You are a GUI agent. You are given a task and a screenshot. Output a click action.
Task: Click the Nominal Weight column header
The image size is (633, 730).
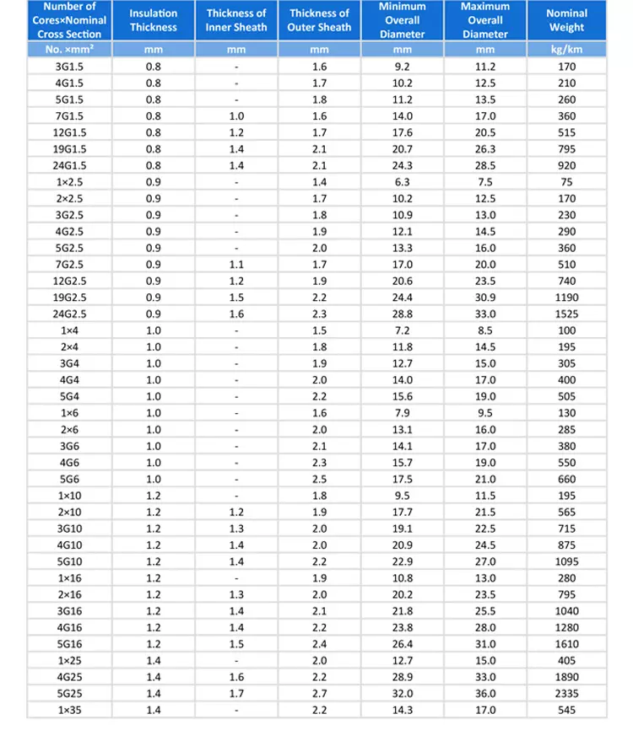click(566, 20)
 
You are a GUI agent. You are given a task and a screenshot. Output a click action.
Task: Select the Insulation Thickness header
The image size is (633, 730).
click(154, 20)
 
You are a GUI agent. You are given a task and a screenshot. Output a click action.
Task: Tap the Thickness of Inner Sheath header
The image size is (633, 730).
click(236, 20)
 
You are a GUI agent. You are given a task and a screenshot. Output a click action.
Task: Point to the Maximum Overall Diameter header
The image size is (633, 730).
click(485, 20)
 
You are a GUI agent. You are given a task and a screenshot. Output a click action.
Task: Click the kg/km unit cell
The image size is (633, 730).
click(566, 50)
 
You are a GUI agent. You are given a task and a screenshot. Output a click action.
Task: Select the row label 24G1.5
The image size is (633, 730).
click(70, 165)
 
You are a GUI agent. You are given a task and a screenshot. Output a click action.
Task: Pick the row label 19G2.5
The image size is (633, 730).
click(70, 298)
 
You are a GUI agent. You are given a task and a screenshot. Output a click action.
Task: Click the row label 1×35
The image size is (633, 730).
click(70, 710)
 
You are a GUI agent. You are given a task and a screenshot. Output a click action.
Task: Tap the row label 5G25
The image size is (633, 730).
click(70, 694)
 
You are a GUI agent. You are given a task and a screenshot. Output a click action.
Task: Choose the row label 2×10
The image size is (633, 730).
click(70, 512)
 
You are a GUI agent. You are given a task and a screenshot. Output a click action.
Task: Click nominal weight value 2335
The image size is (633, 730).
click(566, 694)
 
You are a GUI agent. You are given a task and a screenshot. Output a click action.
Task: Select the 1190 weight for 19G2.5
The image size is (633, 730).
click(566, 298)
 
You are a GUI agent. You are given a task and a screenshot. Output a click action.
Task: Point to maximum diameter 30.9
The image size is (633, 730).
click(485, 298)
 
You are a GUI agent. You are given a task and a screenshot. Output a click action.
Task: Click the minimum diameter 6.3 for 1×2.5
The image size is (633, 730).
click(403, 181)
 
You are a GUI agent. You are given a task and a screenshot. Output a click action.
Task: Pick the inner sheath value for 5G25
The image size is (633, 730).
click(236, 694)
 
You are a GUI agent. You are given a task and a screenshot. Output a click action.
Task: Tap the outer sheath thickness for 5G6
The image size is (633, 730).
click(319, 479)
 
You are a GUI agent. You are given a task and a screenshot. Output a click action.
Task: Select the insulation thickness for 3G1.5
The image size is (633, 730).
click(154, 66)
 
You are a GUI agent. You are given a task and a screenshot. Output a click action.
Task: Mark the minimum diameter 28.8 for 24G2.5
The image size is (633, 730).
click(403, 314)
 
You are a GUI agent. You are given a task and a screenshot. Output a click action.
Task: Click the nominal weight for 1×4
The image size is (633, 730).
click(566, 330)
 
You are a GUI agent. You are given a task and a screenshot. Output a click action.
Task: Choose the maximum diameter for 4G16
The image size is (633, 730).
click(485, 627)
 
